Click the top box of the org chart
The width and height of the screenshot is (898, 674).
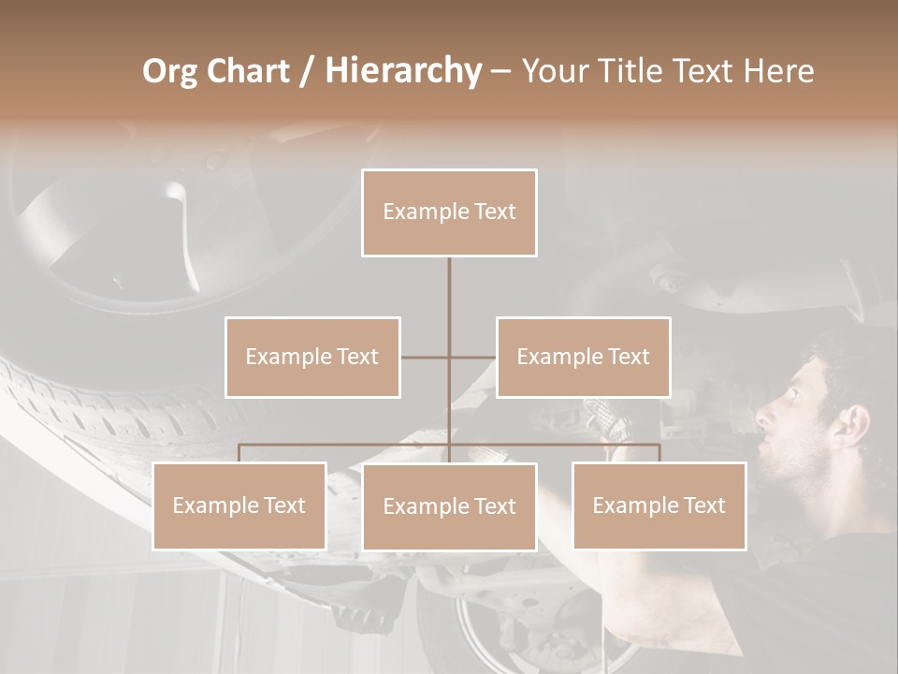coord(449,212)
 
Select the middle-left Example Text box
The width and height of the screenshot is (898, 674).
coord(312,357)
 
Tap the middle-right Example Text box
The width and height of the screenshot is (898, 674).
coord(583,357)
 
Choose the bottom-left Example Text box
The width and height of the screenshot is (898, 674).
coord(239,505)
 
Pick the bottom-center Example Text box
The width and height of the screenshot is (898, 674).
coord(449,506)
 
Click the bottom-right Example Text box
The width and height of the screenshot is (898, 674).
coord(659,505)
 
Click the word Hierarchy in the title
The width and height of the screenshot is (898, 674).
coord(402,71)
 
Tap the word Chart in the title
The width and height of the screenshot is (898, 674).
coord(248,71)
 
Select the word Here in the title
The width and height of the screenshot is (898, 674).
coord(778,71)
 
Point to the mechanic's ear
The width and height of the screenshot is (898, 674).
coord(849,426)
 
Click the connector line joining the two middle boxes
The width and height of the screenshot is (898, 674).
coord(449,357)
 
